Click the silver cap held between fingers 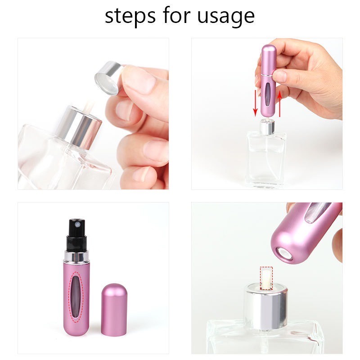108,77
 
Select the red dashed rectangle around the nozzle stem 266,276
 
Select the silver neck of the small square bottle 266,127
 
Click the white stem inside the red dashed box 266,276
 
